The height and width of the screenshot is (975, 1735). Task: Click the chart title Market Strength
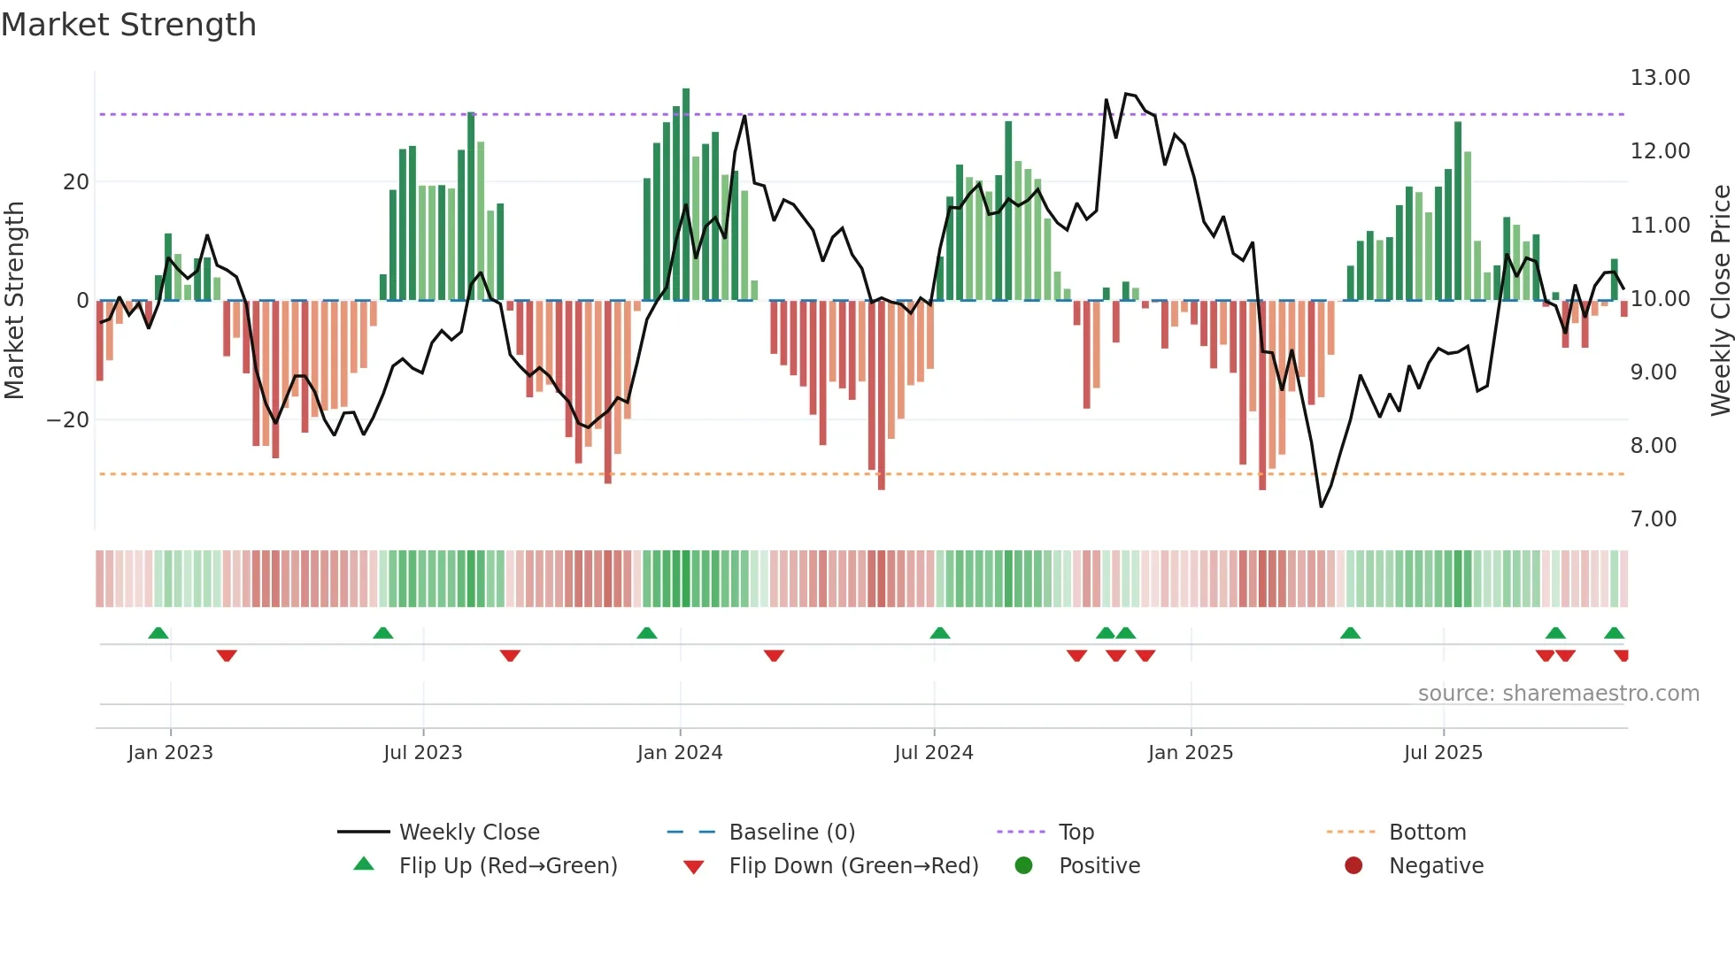click(x=128, y=25)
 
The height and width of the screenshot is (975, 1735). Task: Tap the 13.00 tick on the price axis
click(x=1660, y=78)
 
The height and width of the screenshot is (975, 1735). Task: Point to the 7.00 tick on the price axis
click(x=1653, y=519)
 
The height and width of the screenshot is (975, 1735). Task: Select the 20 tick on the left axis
click(x=76, y=182)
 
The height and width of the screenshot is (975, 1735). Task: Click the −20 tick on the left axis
click(x=68, y=420)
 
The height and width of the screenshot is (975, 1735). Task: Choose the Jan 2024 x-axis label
click(x=679, y=753)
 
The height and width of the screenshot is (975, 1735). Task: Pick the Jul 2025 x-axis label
click(x=1442, y=753)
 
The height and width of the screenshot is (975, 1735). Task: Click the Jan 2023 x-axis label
click(x=170, y=753)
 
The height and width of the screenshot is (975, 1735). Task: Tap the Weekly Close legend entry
click(x=468, y=833)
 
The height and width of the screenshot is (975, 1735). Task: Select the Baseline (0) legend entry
click(x=791, y=833)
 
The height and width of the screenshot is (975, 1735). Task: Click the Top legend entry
click(x=1076, y=833)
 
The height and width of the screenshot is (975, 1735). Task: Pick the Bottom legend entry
click(x=1427, y=833)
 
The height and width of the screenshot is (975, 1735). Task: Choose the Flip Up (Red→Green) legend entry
click(x=507, y=866)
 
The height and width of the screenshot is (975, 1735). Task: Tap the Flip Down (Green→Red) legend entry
click(x=853, y=866)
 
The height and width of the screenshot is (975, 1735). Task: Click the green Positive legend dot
click(x=1023, y=866)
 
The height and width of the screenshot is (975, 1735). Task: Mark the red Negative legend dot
click(x=1353, y=866)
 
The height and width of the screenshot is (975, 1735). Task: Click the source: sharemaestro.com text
click(x=1558, y=694)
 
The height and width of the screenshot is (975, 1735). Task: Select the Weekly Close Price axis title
click(x=1720, y=301)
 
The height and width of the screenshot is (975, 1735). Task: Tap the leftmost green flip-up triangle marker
click(x=158, y=633)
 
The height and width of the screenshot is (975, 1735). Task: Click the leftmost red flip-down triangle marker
click(x=227, y=656)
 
